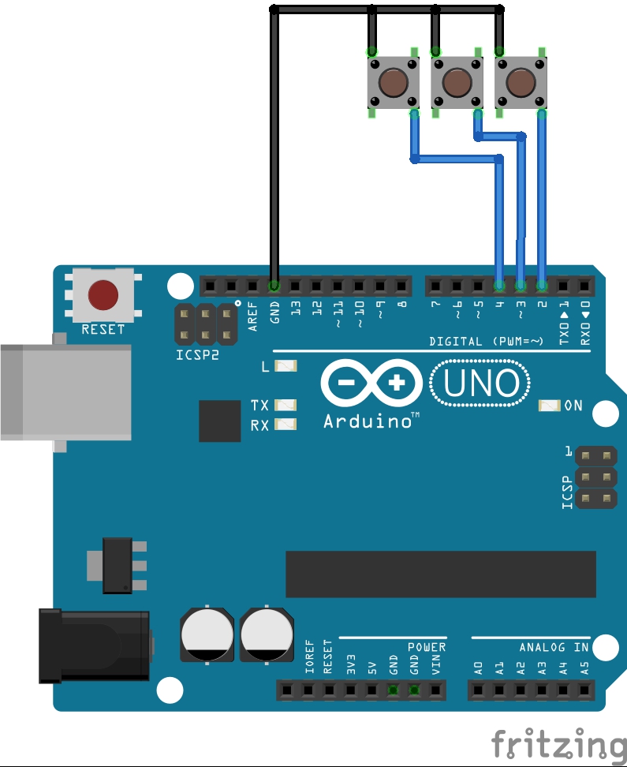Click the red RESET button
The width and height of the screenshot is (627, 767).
click(x=103, y=294)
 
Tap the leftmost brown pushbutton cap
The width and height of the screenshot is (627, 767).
click(x=393, y=81)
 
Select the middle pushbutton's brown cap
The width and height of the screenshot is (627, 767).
click(x=456, y=81)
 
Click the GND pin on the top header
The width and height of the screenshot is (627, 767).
click(x=274, y=285)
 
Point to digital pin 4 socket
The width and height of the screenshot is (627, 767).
click(x=499, y=285)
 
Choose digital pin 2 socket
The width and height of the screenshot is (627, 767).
click(x=542, y=285)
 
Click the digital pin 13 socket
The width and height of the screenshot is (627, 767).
click(x=295, y=285)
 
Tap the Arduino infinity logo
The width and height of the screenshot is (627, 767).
click(x=371, y=384)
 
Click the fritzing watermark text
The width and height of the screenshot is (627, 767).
click(x=558, y=746)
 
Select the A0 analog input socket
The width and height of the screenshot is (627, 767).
click(x=478, y=690)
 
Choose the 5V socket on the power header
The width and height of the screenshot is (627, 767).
click(x=371, y=690)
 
